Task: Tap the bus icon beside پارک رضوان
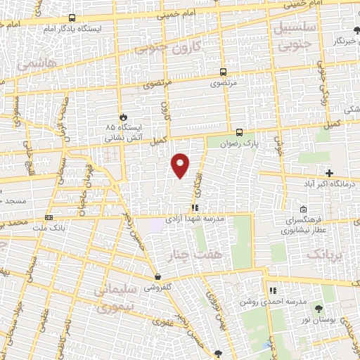pos(239,131)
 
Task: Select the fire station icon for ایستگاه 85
pos(124,116)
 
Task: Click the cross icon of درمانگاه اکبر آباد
pos(329,173)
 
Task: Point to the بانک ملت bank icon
pos(49,217)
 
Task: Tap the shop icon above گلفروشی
pos(157,276)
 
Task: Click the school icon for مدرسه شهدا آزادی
pos(195,207)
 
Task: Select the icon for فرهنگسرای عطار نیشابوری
pos(303,209)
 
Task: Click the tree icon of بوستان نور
pos(319,309)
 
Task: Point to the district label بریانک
pos(327,254)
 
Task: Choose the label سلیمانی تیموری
pos(115,297)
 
